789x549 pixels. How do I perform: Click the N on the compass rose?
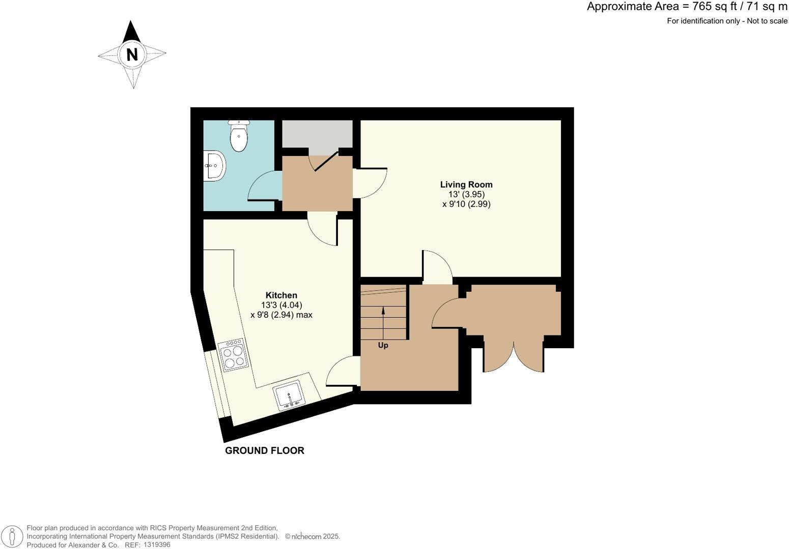coord(132,54)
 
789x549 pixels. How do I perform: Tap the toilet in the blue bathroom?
coord(238,136)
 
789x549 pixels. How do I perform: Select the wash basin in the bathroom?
coord(215,165)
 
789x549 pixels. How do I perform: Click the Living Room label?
coord(466,185)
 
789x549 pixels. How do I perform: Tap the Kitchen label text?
coord(281,295)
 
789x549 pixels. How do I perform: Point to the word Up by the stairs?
coord(383,346)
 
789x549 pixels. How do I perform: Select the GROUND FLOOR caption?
coord(264,450)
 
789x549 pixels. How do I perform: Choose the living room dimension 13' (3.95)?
coord(466,194)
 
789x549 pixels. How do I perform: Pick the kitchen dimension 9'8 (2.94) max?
coord(281,315)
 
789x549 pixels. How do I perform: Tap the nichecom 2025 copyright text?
coord(313,536)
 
